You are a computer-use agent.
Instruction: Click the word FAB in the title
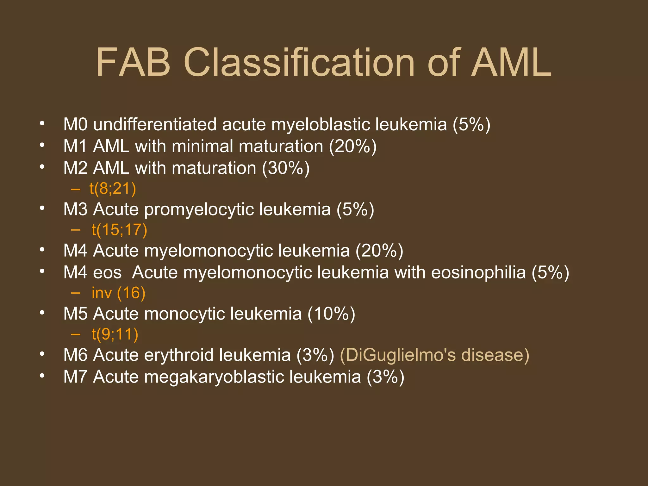[133, 62]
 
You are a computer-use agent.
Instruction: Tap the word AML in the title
[511, 62]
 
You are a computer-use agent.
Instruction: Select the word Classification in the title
[299, 62]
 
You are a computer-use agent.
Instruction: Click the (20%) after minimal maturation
[353, 146]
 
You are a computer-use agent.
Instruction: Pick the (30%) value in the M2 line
[286, 168]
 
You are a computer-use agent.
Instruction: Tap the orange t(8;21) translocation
[113, 189]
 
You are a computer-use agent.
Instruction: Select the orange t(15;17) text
[119, 230]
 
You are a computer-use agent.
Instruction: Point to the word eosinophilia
[478, 273]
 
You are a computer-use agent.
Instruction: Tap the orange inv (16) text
[118, 293]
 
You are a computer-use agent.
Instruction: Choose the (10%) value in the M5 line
[331, 314]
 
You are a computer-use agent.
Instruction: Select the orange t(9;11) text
[115, 334]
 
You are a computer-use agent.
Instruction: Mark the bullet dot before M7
[42, 376]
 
